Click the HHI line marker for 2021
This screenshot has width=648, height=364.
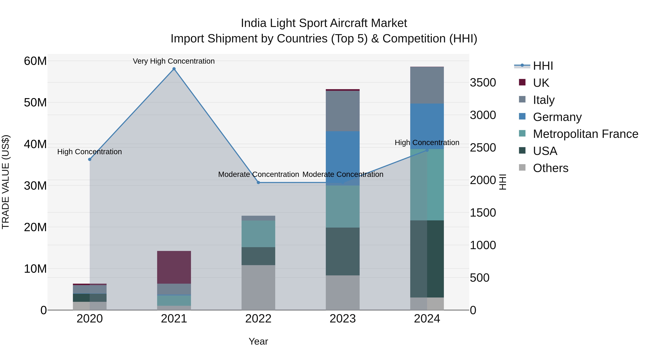coord(174,69)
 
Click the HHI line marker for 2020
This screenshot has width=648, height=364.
coord(90,159)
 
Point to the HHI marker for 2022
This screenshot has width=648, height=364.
coord(258,182)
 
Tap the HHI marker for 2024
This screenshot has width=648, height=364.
coord(427,150)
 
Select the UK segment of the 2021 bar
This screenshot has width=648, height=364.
coord(174,267)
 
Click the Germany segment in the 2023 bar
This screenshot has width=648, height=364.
coord(342,158)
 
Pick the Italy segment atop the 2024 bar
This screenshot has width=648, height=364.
coord(427,85)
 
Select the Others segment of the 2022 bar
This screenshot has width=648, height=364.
coord(258,287)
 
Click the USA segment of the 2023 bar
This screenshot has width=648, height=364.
coord(342,251)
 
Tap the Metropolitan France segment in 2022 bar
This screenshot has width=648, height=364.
coord(258,234)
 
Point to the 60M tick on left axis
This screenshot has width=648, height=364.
coord(35,61)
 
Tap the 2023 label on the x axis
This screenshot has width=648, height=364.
coord(342,319)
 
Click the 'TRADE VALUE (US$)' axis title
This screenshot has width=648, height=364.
coord(6,182)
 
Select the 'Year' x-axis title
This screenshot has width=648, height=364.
coord(258,341)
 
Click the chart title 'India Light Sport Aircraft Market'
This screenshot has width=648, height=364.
coord(324,23)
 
